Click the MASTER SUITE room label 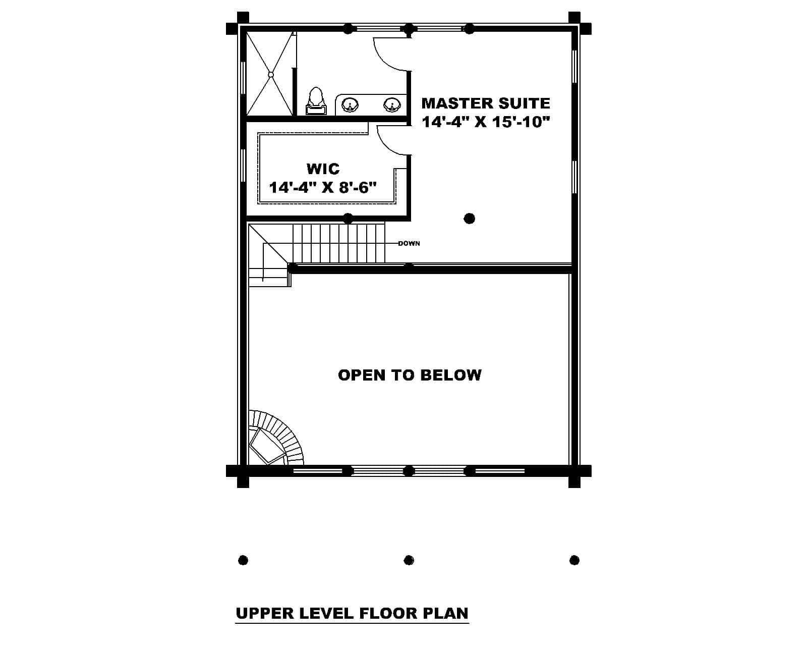tap(485, 103)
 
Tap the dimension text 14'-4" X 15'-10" tap(485, 122)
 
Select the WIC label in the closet tap(323, 168)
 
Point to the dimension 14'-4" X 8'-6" tap(323, 188)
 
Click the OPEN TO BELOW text tap(410, 375)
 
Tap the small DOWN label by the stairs tap(409, 244)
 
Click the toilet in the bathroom tap(316, 101)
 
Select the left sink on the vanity tap(350, 105)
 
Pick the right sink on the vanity tap(391, 105)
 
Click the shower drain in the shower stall tap(270, 75)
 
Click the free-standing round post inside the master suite tap(469, 219)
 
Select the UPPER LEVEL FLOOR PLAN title tap(352, 613)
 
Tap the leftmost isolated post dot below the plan tap(243, 560)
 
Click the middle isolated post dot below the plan tap(409, 560)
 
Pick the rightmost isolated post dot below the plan tap(574, 560)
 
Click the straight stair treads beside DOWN tap(339, 243)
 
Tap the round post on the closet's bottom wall tap(348, 218)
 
